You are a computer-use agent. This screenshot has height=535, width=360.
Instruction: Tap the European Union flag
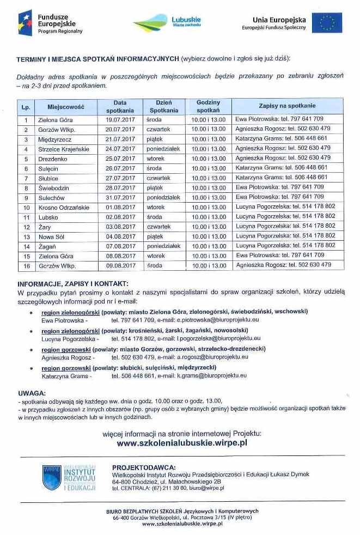click(330, 23)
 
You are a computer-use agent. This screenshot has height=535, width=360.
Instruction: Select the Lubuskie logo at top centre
click(168, 23)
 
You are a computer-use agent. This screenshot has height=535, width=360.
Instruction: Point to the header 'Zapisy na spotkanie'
click(287, 106)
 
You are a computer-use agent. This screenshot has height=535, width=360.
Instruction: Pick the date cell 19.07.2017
click(120, 119)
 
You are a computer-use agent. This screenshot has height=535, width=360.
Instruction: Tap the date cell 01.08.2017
click(120, 208)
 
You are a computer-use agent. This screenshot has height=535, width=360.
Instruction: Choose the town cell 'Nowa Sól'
click(52, 236)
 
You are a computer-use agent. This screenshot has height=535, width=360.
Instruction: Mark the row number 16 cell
click(26, 266)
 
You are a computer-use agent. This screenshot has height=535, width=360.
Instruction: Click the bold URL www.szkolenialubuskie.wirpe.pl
click(182, 443)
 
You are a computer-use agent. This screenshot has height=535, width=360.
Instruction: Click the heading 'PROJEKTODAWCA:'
click(144, 467)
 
